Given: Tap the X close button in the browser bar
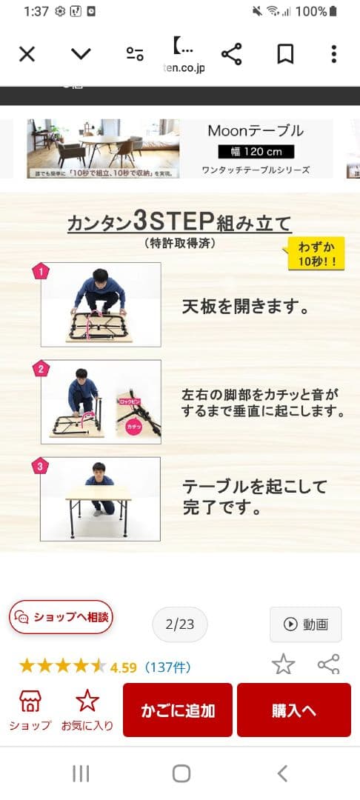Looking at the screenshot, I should (x=27, y=54).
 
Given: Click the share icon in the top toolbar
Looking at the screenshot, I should (x=232, y=54).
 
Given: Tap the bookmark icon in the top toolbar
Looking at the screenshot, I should (x=285, y=54).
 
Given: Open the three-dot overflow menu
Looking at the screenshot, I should (x=334, y=54).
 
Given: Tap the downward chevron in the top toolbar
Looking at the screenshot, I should (x=81, y=54).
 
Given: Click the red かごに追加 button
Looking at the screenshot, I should (x=178, y=710).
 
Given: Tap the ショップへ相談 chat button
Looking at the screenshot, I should (x=61, y=617).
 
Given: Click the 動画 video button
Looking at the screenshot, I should (x=306, y=624).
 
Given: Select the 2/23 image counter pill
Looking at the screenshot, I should (x=180, y=624).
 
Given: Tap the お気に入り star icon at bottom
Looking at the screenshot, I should (x=87, y=701).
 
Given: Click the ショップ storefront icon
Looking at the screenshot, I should (x=30, y=701).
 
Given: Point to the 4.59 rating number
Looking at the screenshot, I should (x=123, y=667).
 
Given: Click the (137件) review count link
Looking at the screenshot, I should (x=167, y=667).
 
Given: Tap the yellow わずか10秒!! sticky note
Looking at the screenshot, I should (x=316, y=254).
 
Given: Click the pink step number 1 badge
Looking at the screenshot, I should (x=41, y=272).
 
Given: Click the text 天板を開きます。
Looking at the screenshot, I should (x=246, y=306).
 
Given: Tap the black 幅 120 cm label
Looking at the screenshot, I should (x=256, y=152).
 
